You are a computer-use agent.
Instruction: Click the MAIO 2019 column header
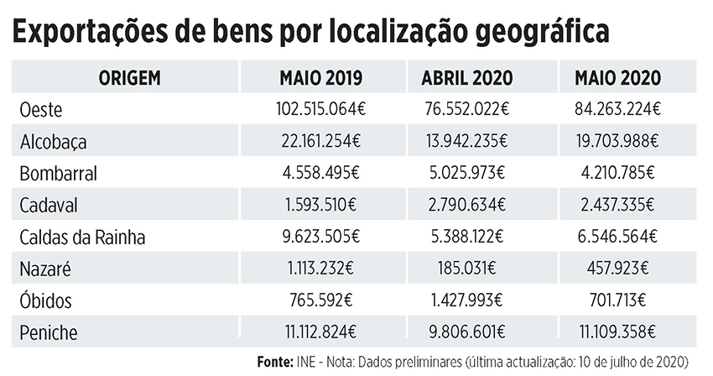[x=320, y=79]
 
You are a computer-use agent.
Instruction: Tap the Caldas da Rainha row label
[x=82, y=238]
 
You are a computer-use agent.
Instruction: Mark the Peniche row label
[x=48, y=333]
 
